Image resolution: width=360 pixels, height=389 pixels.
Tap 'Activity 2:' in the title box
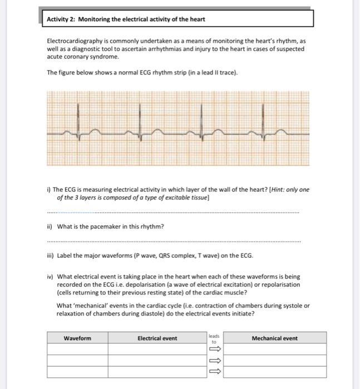(x=61, y=19)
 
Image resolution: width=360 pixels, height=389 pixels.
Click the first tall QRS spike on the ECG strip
(x=81, y=123)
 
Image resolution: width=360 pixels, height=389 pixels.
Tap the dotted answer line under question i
(x=172, y=212)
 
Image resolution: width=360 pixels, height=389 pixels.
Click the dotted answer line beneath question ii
(x=172, y=242)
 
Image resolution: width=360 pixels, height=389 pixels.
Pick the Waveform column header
(x=77, y=338)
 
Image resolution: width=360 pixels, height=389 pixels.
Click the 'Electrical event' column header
(x=157, y=338)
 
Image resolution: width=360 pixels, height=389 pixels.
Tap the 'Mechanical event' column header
(x=274, y=338)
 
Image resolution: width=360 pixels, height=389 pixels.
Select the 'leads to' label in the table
(x=214, y=338)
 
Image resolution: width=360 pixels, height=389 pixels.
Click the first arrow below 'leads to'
(x=214, y=349)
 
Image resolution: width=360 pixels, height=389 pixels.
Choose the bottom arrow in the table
(x=214, y=372)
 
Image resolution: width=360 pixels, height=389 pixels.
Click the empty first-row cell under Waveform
(x=77, y=349)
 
